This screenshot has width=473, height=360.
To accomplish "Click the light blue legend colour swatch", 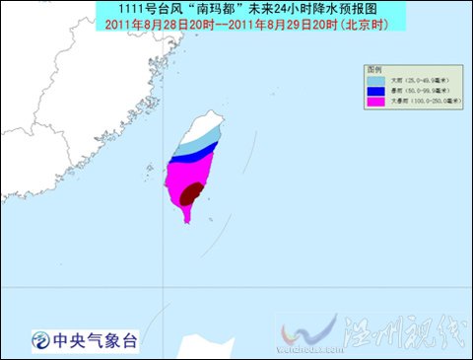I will pyautogui.click(x=375, y=84).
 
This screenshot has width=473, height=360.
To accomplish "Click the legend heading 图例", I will pyautogui.click(x=373, y=71).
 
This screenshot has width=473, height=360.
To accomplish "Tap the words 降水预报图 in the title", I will pyautogui.click(x=302, y=8).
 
